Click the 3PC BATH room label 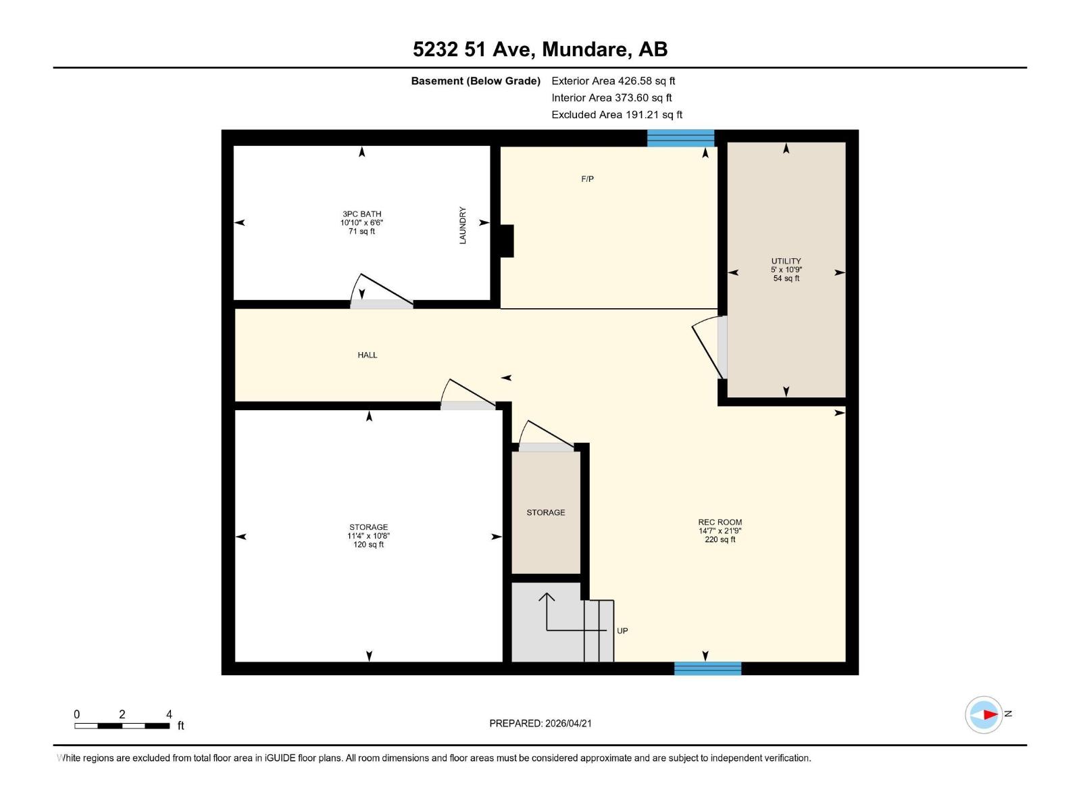click(x=361, y=214)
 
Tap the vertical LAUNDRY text click(x=463, y=226)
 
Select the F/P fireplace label click(x=587, y=179)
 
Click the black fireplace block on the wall click(x=506, y=241)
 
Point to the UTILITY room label click(x=786, y=261)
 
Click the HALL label click(x=367, y=355)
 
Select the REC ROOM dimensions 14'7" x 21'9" click(x=720, y=531)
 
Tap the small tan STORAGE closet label click(x=545, y=512)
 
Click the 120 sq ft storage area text click(x=368, y=545)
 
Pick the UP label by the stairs click(x=622, y=631)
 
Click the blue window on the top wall click(x=680, y=138)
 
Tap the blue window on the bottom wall click(x=707, y=668)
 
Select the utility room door click(x=709, y=348)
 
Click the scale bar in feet click(x=122, y=726)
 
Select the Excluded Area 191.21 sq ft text click(x=616, y=115)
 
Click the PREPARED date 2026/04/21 click(x=540, y=723)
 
